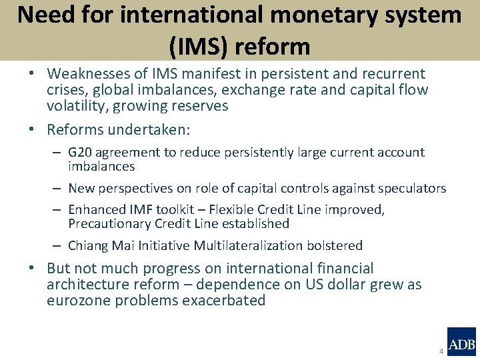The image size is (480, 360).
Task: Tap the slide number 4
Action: [x=441, y=351]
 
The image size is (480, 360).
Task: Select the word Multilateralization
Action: [x=248, y=246]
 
